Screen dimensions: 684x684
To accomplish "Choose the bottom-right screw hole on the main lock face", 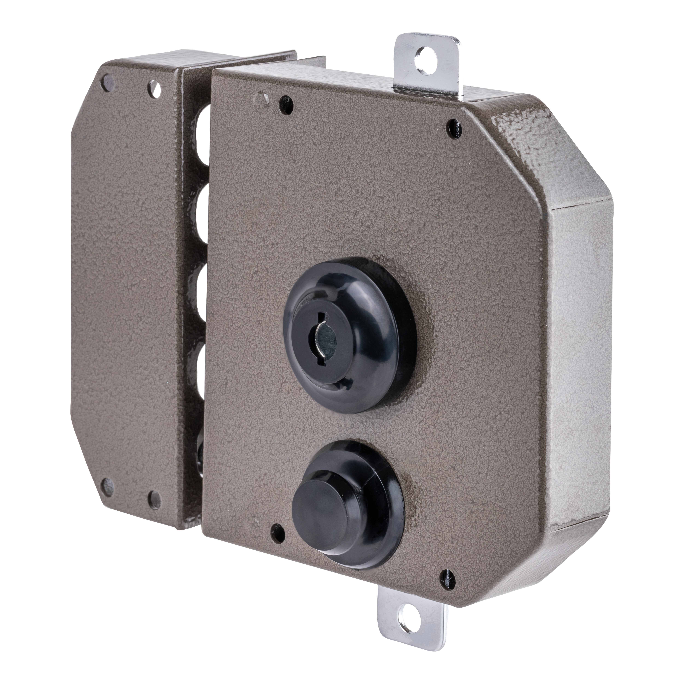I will point(448,577).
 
